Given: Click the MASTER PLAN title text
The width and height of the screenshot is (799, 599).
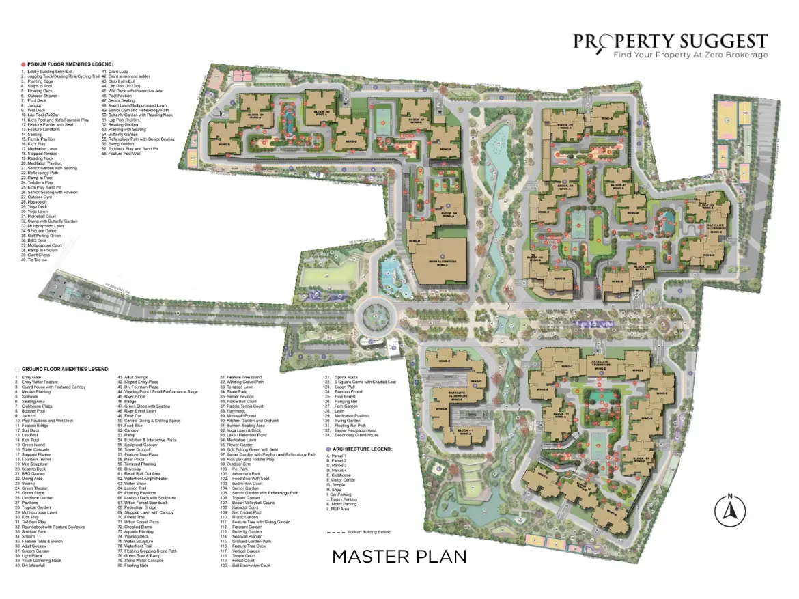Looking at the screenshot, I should tap(399, 557).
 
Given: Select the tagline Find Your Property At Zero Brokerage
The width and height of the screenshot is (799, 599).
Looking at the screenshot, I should tap(690, 55).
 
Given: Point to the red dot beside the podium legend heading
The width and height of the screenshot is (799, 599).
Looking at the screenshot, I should tap(23, 63).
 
